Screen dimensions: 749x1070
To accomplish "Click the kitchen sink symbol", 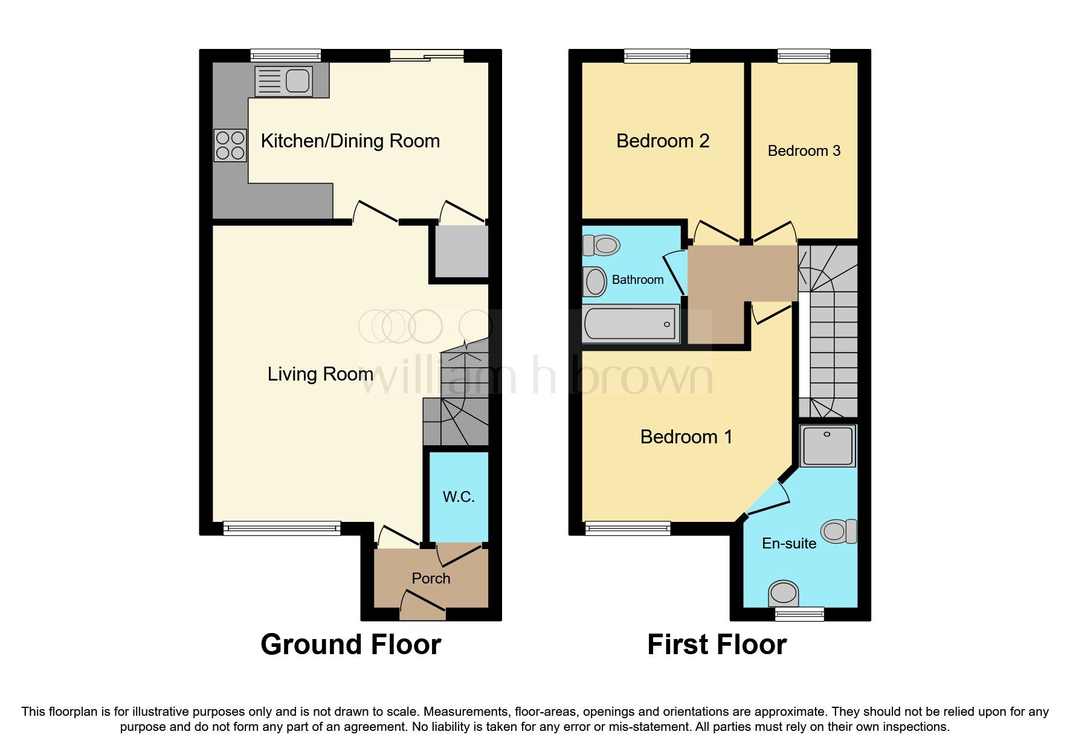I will (283, 81).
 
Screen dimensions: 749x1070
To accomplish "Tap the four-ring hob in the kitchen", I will (230, 146).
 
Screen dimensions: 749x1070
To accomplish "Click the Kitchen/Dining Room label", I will (350, 141).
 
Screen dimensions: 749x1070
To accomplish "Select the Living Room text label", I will (320, 374).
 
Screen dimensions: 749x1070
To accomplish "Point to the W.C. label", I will (458, 497).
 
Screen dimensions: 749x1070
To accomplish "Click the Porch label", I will (431, 578).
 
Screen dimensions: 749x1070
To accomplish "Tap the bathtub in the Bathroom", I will (630, 323).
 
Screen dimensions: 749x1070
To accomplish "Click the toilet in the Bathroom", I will (601, 245).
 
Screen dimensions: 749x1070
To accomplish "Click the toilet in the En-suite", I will (840, 531).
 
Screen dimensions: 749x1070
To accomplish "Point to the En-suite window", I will (799, 614).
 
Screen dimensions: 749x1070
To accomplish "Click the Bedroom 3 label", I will (804, 150).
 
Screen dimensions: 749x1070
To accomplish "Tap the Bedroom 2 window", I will (657, 56).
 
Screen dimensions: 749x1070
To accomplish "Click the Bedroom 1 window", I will (628, 529).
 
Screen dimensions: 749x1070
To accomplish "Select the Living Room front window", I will (282, 529).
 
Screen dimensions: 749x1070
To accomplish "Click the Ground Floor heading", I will (350, 645).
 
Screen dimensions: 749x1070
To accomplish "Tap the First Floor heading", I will (717, 645).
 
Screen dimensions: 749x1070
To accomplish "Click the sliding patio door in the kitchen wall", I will (427, 56).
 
